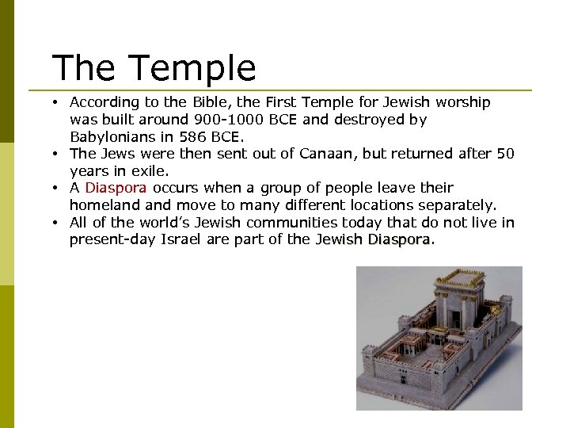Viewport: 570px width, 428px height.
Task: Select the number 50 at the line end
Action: point(505,154)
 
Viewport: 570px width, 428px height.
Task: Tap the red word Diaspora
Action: point(116,188)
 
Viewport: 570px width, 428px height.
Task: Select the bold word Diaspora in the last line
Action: point(399,239)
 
